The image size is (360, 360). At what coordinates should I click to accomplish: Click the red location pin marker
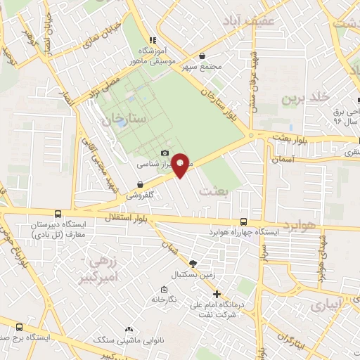pyautogui.click(x=181, y=165)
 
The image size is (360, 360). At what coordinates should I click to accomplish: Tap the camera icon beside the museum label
pyautogui.click(x=165, y=153)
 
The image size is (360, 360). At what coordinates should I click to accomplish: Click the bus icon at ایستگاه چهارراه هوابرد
pyautogui.click(x=243, y=221)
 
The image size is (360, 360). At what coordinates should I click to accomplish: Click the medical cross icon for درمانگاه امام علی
pyautogui.click(x=217, y=294)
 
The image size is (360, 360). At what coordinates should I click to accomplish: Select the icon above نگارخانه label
pyautogui.click(x=164, y=289)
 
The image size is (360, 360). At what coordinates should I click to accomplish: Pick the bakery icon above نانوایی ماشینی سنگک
pyautogui.click(x=129, y=329)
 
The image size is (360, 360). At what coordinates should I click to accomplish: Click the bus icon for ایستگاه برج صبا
pyautogui.click(x=19, y=327)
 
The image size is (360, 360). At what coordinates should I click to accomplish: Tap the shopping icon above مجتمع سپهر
pyautogui.click(x=202, y=56)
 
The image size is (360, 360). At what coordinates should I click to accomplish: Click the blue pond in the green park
pyautogui.click(x=123, y=122)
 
